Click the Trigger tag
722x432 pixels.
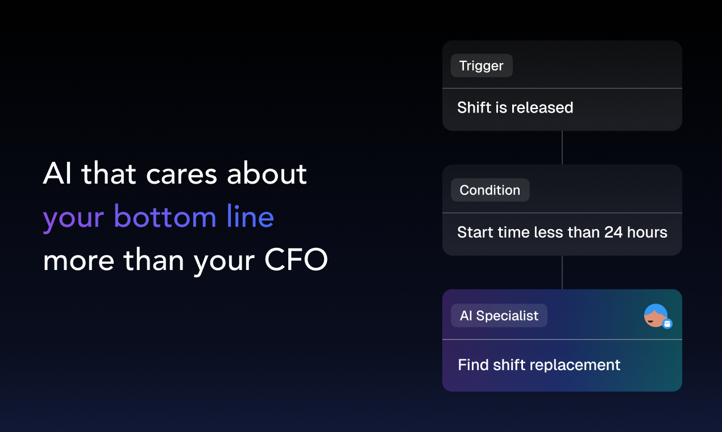click(x=482, y=65)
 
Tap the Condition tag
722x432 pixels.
click(x=490, y=190)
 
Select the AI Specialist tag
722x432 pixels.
click(x=499, y=315)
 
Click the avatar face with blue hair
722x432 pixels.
click(x=655, y=315)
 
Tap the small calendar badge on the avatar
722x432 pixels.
click(x=667, y=323)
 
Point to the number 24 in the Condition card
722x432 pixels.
click(x=613, y=232)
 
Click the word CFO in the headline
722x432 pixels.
click(x=296, y=259)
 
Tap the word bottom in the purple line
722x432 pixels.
click(x=165, y=217)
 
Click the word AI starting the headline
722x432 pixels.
click(x=57, y=173)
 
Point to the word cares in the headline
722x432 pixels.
click(x=181, y=176)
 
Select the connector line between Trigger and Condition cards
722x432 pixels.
click(x=562, y=148)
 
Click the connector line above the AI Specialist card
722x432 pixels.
click(x=562, y=272)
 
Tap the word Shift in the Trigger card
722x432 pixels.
click(x=474, y=107)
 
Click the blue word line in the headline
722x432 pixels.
click(x=251, y=217)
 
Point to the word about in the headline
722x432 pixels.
click(x=267, y=173)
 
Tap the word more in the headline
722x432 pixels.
click(x=78, y=260)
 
